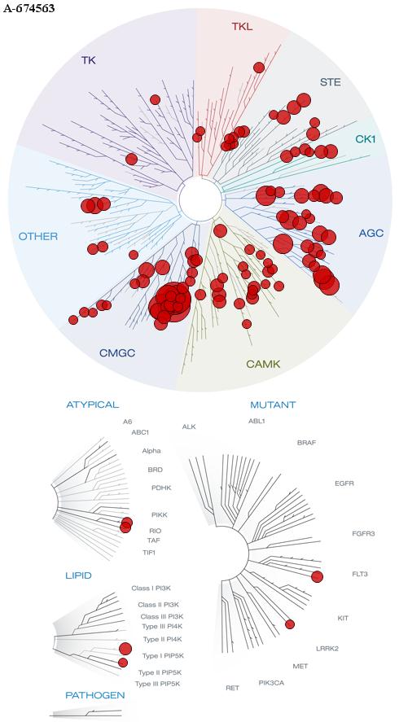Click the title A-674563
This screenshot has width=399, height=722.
(x=29, y=8)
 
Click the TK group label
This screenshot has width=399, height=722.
(x=89, y=60)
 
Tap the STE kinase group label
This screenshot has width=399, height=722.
(x=331, y=82)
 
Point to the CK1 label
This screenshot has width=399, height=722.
(x=366, y=138)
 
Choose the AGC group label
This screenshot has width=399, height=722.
(x=370, y=233)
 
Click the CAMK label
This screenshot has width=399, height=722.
(x=263, y=364)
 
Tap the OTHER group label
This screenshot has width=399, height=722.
(x=38, y=237)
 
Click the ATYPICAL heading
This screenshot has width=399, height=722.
(x=93, y=405)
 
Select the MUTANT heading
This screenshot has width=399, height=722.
(x=273, y=405)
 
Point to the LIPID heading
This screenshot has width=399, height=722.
(x=78, y=575)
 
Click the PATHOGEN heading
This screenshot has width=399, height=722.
(x=95, y=695)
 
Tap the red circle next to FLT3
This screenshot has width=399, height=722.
(x=317, y=576)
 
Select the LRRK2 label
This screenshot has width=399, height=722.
(x=327, y=649)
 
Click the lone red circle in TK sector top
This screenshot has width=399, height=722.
(x=155, y=99)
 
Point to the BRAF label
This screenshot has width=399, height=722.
(x=306, y=443)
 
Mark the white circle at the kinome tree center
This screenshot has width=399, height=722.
(x=200, y=200)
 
